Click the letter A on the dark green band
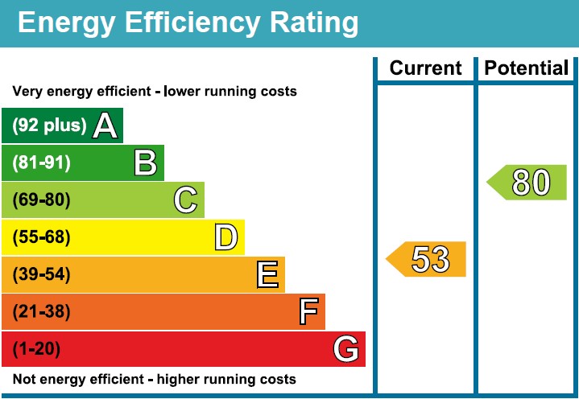105,125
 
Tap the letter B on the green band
145,163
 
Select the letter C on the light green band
186,200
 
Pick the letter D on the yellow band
226,237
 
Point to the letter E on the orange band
268,275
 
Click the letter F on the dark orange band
308,311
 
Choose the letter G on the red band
345,349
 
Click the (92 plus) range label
49,125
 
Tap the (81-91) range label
42,163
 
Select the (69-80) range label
42,200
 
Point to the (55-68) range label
42,237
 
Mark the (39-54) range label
42,275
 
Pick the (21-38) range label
42,311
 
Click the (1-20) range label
37,349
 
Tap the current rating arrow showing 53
427,259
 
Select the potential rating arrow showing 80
528,183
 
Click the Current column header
426,68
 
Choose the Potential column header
527,68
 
